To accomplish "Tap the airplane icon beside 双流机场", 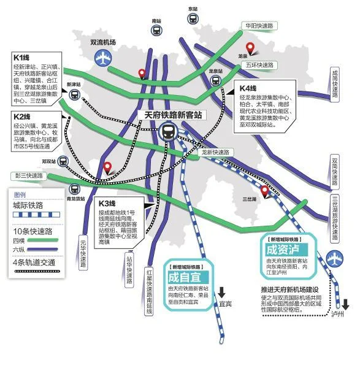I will (x=101, y=59).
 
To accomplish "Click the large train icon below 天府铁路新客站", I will (x=168, y=131).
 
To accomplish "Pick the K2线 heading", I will (x=22, y=117).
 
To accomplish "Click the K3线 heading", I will (x=107, y=203).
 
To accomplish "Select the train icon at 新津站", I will (x=74, y=94).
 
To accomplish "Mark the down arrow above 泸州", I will (x=346, y=304).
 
